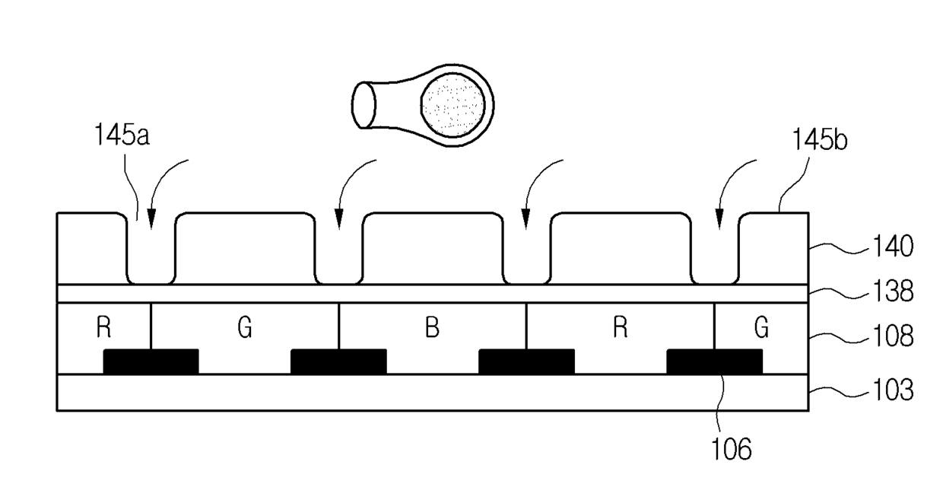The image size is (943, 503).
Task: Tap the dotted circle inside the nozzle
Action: point(454,103)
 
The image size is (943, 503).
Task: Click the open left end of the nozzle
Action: point(364,104)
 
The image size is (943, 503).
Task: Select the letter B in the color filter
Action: point(432,330)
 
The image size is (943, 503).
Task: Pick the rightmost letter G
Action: point(761,330)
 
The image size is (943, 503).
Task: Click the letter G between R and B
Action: point(244,330)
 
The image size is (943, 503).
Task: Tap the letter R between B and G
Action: point(620,330)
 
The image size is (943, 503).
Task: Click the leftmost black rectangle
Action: point(151,361)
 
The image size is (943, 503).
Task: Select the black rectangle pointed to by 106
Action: point(714,361)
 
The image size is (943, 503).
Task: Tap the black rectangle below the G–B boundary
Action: point(338,361)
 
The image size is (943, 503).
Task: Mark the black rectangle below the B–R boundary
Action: point(526,361)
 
